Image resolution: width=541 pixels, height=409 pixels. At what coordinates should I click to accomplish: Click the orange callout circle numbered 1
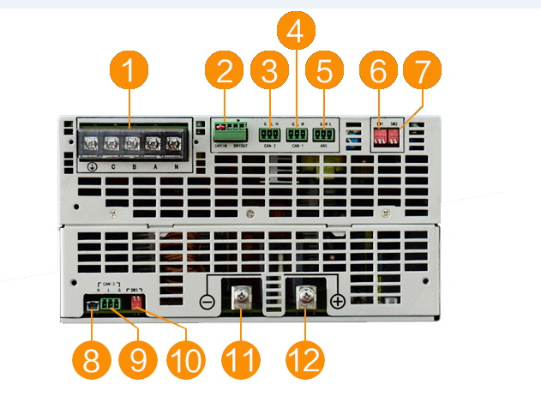coord(129,73)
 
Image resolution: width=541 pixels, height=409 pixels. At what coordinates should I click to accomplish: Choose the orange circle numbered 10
coord(185,360)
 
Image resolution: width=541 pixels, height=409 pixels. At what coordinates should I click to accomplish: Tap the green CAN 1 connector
coord(297,134)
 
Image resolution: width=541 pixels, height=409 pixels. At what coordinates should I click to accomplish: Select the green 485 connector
coord(324,134)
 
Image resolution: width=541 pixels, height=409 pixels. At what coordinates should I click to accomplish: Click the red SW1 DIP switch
coord(380,135)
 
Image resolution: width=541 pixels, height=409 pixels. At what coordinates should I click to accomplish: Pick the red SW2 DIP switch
coord(394,135)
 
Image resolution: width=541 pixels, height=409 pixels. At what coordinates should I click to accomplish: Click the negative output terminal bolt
coord(242,299)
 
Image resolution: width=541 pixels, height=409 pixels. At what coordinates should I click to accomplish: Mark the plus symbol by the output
coord(339,301)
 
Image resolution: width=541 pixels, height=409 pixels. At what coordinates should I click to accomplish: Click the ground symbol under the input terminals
coord(91,166)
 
